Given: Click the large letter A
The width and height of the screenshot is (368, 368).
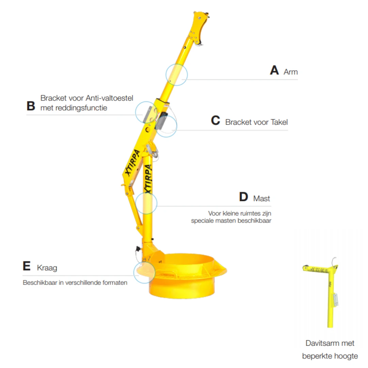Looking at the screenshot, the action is tap(274, 70).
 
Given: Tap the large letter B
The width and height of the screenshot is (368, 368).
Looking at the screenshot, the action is tap(31, 106).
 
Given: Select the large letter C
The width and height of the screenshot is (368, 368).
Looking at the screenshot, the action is tap(215, 120).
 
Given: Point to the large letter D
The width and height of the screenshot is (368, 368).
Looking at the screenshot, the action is tap(244, 197).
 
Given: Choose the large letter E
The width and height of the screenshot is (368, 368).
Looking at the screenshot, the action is tap(27, 266).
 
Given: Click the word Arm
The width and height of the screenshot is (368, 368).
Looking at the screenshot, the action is tap(291, 72).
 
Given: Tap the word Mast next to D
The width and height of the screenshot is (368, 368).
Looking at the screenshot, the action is tap(261, 199).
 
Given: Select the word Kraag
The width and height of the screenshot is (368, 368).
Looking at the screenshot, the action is tap(47, 268).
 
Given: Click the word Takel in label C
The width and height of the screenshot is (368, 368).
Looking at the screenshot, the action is tap(279, 122).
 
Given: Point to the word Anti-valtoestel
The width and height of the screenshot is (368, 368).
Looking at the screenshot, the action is tap(110, 98).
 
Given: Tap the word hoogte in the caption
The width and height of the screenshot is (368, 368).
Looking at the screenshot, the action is tap(346, 356).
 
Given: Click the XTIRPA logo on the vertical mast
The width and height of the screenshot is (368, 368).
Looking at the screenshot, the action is tap(148, 179).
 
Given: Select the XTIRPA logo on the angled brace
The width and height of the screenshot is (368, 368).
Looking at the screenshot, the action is tap(133, 162).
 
